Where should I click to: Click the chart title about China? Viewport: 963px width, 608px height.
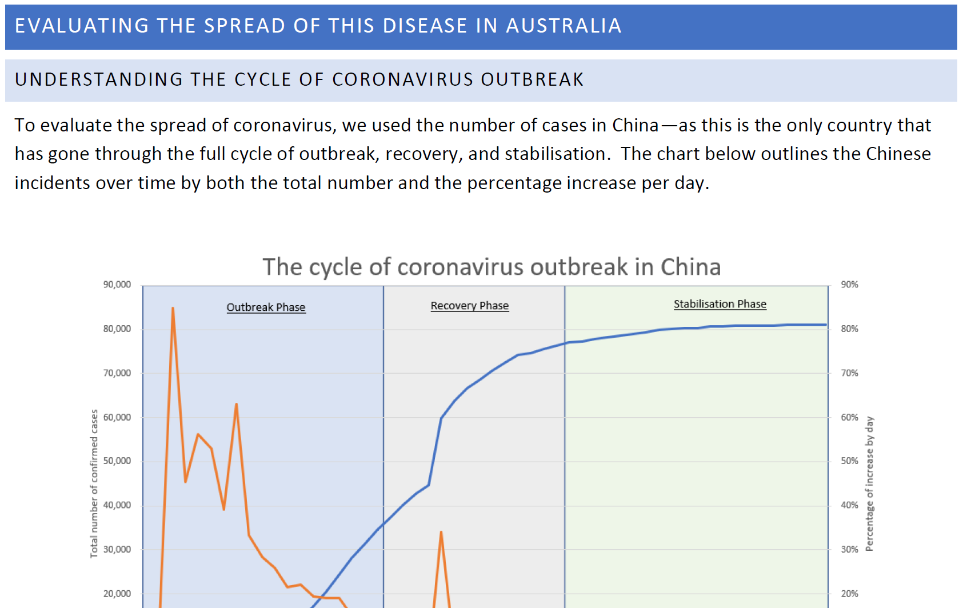[x=492, y=267]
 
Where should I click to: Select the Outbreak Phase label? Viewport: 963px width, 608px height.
[x=266, y=307]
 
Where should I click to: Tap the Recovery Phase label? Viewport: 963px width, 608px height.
[x=469, y=306]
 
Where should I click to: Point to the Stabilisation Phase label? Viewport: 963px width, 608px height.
[x=720, y=304]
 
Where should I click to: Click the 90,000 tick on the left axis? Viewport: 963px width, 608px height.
[x=117, y=285]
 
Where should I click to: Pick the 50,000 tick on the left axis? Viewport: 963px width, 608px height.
[x=117, y=461]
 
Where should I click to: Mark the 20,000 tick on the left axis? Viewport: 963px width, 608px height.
[x=117, y=594]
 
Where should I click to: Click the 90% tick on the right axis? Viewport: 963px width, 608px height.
[x=849, y=285]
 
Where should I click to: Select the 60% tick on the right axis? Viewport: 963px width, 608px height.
[x=849, y=417]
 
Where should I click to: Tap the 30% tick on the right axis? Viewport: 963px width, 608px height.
[x=849, y=550]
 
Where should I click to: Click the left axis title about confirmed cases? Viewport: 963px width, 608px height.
[x=94, y=484]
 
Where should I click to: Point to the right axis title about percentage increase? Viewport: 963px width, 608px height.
[x=869, y=484]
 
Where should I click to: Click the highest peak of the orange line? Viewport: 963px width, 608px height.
[x=173, y=308]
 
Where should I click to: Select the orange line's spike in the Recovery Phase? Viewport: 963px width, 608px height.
[x=441, y=533]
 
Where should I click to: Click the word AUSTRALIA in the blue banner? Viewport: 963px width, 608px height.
[x=564, y=26]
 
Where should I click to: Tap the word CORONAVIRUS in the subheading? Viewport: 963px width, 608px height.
[x=402, y=79]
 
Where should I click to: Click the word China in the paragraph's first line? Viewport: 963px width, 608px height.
[x=635, y=126]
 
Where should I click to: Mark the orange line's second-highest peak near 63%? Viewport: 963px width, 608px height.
[x=237, y=404]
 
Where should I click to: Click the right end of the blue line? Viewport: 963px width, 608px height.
[x=826, y=325]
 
